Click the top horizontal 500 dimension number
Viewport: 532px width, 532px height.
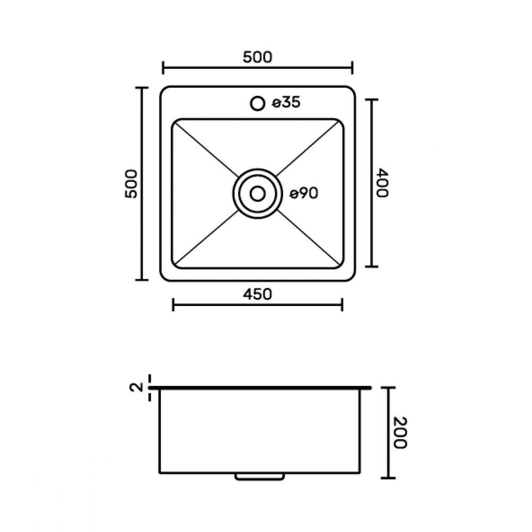pyautogui.click(x=257, y=57)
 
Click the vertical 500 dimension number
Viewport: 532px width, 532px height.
pyautogui.click(x=131, y=184)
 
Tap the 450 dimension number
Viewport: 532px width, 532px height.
pyautogui.click(x=257, y=294)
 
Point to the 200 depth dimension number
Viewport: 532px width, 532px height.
pyautogui.click(x=401, y=432)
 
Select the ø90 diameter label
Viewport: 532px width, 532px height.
pyautogui.click(x=304, y=194)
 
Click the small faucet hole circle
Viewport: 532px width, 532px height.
pyautogui.click(x=257, y=103)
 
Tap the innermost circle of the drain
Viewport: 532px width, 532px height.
pyautogui.click(x=257, y=194)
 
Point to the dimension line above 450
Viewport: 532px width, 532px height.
pyautogui.click(x=257, y=305)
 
